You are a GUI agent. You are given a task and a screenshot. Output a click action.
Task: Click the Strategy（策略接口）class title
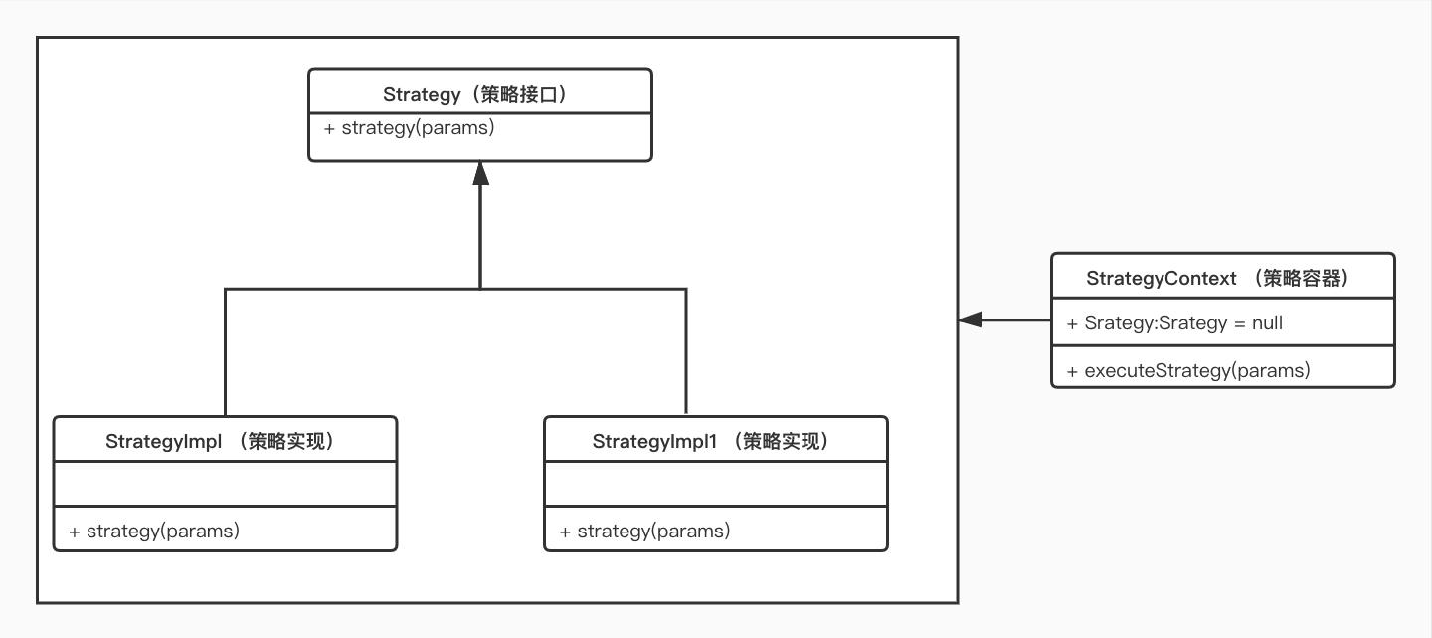(479, 94)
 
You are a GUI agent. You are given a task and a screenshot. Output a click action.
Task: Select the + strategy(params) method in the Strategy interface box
(409, 128)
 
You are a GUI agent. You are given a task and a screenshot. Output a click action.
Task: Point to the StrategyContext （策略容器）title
(1222, 278)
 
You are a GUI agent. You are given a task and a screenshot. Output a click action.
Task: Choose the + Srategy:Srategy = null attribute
(1173, 323)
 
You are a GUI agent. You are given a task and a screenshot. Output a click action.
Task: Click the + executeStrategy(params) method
(1187, 371)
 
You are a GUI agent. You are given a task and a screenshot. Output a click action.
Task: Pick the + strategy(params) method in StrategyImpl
(154, 531)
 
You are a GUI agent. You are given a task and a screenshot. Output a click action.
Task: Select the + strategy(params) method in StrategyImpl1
(644, 531)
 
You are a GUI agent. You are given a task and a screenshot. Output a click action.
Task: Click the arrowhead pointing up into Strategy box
(480, 174)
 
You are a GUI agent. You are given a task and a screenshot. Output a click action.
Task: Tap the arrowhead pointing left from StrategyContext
(971, 319)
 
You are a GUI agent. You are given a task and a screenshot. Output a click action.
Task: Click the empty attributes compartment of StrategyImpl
(225, 484)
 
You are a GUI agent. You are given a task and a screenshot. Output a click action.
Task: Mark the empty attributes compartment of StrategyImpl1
(715, 484)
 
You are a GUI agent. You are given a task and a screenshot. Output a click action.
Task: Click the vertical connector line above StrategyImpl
(226, 353)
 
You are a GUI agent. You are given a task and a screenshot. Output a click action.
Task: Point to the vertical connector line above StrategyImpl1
(686, 353)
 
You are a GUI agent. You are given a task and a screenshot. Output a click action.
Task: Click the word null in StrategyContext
(1267, 323)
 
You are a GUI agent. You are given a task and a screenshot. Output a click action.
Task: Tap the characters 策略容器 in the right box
(1301, 278)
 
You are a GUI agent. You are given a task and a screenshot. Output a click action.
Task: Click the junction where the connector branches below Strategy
(480, 289)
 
